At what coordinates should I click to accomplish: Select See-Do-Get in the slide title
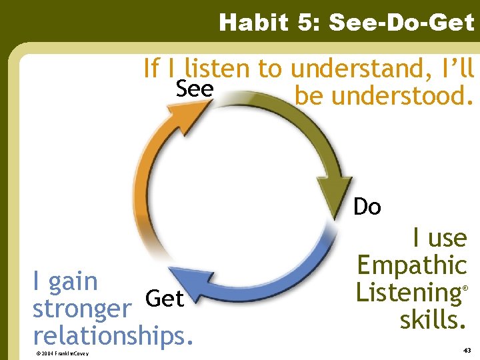coord(402,23)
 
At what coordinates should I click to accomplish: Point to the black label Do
coord(367,207)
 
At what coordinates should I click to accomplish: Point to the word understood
coord(384,96)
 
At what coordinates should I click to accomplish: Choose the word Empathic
coord(411,265)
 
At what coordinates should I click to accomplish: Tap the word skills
coord(433,320)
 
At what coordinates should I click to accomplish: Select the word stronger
coord(81,309)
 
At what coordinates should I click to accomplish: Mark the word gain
coord(73,281)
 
